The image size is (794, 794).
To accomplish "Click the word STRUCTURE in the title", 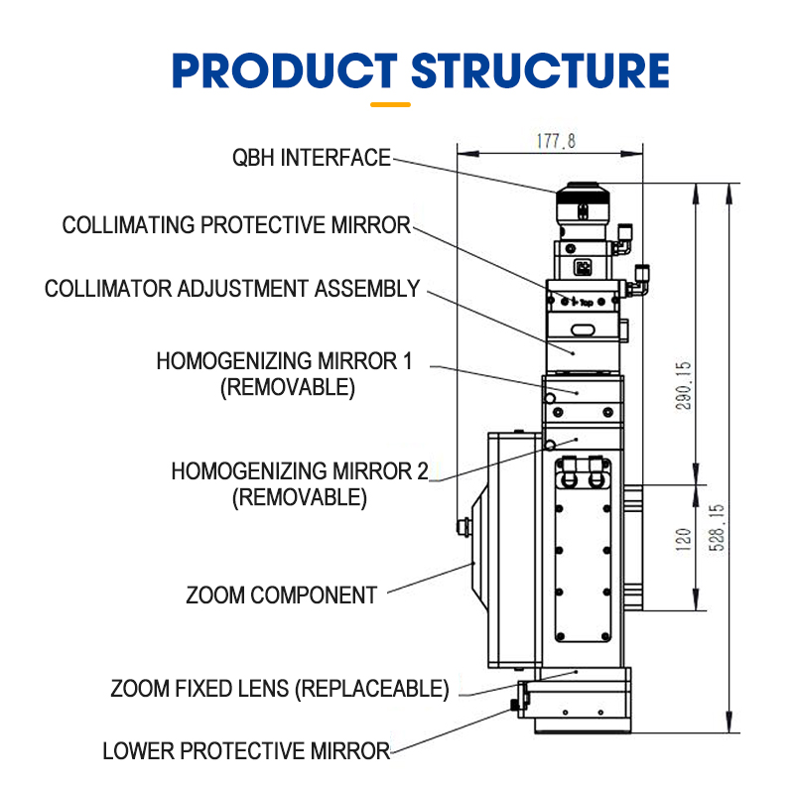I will click(540, 70).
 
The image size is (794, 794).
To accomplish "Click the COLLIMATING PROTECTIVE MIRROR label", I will click(236, 225).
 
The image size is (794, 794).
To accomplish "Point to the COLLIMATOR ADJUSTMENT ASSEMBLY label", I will click(232, 289).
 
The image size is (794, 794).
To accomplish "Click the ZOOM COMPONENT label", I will click(282, 595).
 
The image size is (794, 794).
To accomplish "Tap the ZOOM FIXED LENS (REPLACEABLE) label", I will click(280, 689).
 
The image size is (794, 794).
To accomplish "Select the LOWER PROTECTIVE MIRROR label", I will click(246, 751).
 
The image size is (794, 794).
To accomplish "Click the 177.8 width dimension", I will click(556, 142).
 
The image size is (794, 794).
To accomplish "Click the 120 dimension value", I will click(683, 539).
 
